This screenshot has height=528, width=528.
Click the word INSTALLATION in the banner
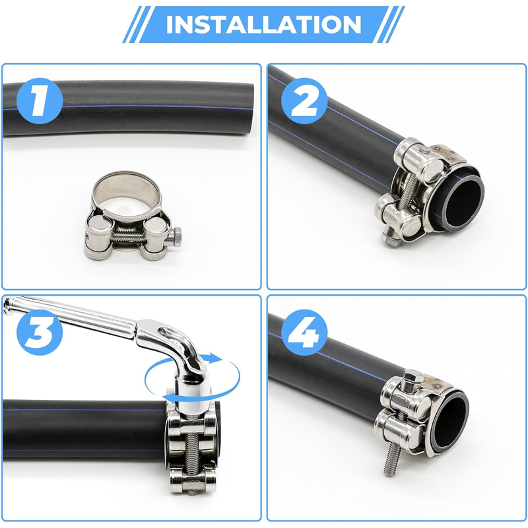point(263,24)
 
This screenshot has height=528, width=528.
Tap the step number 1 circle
point(40,101)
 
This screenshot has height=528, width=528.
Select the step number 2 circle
point(304,101)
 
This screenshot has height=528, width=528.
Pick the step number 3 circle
point(40,333)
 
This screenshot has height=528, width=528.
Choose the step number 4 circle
point(304,333)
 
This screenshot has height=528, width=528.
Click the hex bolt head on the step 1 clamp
point(176,237)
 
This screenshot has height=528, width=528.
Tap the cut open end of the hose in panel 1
point(249,108)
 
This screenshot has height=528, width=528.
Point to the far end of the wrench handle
point(9,304)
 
